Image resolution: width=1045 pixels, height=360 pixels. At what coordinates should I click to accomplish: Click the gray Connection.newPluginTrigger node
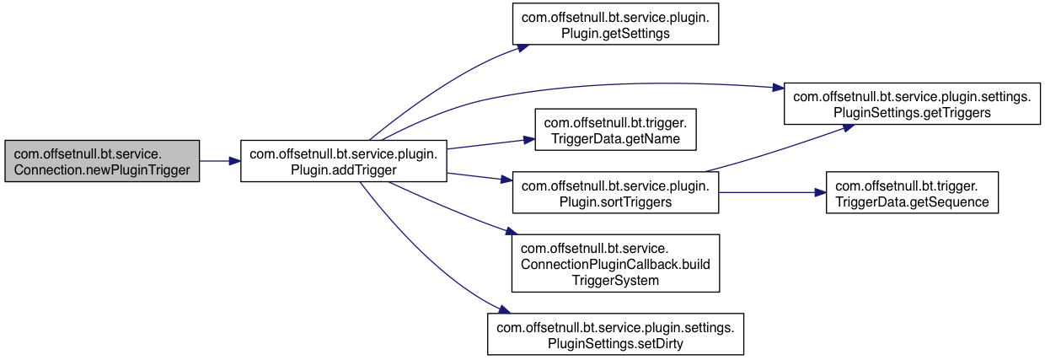(102, 161)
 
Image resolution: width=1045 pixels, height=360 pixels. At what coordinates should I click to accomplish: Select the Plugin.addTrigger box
(343, 161)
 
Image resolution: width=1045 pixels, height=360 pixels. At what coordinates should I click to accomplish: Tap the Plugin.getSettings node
(615, 24)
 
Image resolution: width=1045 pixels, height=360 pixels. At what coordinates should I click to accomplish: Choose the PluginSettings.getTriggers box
(912, 104)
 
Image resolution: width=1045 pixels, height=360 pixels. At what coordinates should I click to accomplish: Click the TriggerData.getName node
(615, 130)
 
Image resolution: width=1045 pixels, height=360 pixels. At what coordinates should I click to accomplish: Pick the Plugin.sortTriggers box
(615, 193)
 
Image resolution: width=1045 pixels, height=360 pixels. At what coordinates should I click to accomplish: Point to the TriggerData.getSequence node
(912, 193)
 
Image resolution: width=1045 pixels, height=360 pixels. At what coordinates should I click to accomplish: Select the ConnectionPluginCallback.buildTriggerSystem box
(615, 263)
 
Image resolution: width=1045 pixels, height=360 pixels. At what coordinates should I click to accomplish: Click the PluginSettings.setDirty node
(615, 335)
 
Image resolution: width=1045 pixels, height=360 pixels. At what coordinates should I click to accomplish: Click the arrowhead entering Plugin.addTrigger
(234, 161)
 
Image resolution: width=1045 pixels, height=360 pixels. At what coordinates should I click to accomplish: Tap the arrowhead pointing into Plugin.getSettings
(523, 47)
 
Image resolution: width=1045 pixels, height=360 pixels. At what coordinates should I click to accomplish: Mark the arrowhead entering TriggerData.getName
(529, 140)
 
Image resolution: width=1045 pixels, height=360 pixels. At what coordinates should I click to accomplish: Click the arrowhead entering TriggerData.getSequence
(820, 193)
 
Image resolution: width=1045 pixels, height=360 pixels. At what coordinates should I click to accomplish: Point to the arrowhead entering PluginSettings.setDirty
(504, 309)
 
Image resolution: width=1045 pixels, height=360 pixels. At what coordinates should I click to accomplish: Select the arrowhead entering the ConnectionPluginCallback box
(512, 231)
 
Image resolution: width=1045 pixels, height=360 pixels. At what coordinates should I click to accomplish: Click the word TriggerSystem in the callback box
(615, 281)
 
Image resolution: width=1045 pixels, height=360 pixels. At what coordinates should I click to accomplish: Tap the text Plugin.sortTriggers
(615, 202)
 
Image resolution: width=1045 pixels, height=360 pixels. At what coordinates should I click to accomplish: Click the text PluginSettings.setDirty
(615, 344)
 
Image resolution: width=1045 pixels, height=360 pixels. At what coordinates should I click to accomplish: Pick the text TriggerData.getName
(615, 138)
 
